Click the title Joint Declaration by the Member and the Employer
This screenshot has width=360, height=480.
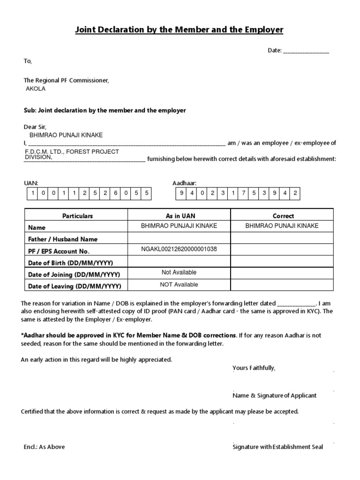click(180, 30)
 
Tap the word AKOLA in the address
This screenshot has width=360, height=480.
click(36, 89)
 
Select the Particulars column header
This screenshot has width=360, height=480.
click(77, 216)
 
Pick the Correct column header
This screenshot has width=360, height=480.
click(283, 216)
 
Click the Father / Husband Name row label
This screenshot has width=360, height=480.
click(63, 239)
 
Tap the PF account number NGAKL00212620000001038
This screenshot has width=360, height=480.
click(179, 249)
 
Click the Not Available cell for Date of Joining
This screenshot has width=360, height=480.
click(179, 272)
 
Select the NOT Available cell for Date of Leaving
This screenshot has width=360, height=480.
click(179, 285)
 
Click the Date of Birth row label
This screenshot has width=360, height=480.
click(70, 263)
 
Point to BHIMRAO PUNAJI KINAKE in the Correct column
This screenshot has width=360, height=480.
click(282, 226)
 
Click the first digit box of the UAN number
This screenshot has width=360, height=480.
click(33, 193)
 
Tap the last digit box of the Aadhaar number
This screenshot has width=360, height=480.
click(295, 193)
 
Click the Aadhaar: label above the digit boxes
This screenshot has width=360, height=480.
click(185, 183)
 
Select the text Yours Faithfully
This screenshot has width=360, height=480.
click(254, 368)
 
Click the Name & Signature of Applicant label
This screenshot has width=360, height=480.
click(274, 396)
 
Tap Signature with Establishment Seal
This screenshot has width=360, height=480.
click(277, 447)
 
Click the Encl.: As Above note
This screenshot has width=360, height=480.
click(45, 447)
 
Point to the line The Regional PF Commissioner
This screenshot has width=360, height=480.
click(66, 81)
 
